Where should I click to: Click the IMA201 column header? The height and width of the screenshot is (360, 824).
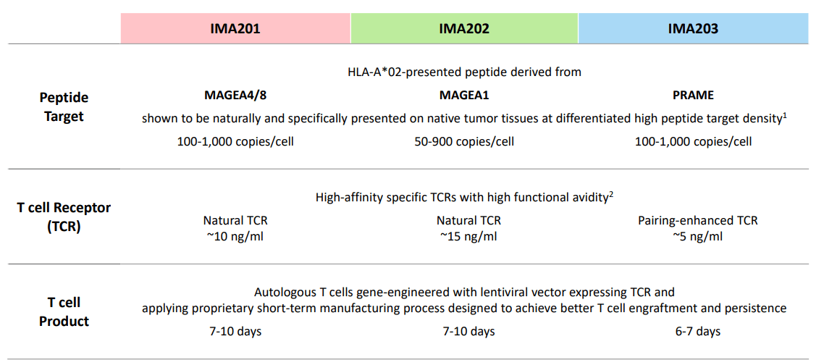(235, 28)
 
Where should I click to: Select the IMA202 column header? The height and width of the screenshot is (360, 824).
(464, 28)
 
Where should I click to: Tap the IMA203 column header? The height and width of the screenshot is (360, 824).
(693, 28)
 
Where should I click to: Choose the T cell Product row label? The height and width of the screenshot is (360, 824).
(64, 312)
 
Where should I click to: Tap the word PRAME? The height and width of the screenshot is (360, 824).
(693, 96)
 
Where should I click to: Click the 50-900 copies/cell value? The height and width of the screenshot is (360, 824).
(464, 142)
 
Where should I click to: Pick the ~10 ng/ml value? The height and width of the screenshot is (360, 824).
(235, 236)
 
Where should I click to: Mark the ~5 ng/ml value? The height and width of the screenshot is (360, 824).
(697, 236)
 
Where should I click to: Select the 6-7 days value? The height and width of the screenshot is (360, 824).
(697, 331)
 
